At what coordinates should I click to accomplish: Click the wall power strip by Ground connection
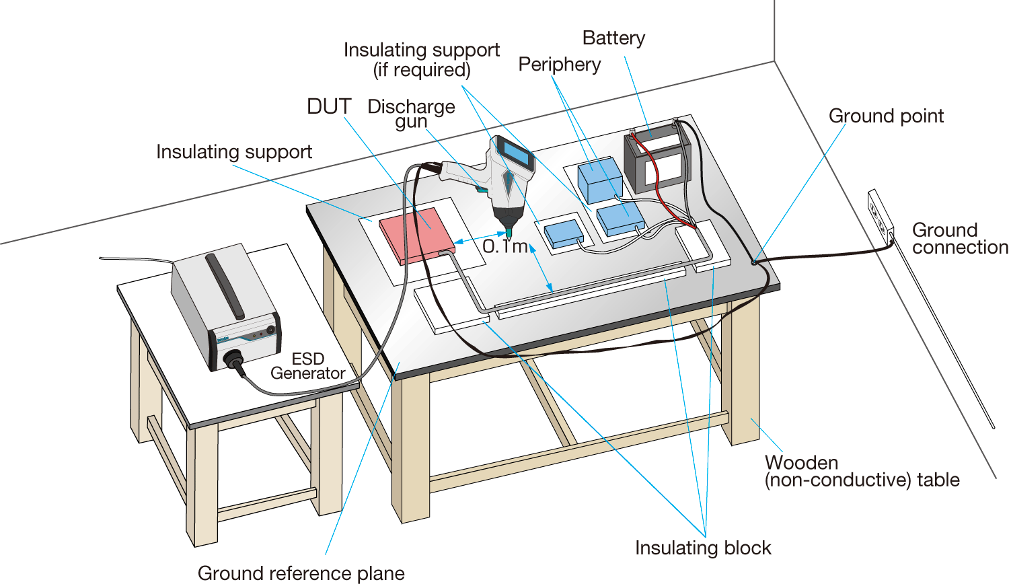click(x=880, y=215)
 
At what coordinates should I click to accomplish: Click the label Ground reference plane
click(x=301, y=573)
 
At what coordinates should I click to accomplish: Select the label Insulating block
click(x=703, y=548)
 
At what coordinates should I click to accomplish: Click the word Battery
click(x=613, y=38)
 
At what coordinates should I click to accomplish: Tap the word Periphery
click(x=559, y=65)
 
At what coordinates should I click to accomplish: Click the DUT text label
click(x=329, y=107)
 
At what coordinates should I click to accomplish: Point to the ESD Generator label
click(x=308, y=366)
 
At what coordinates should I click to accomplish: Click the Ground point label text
click(x=886, y=116)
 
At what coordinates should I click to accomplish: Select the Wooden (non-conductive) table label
click(x=861, y=471)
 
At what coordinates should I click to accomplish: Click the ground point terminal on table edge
click(x=754, y=262)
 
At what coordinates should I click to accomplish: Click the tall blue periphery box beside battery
click(x=600, y=180)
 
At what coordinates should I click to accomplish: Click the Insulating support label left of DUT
click(x=233, y=152)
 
